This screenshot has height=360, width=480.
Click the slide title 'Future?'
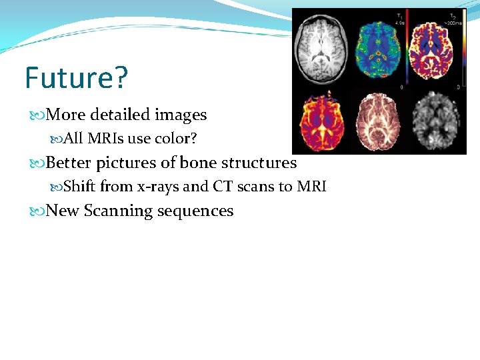pyautogui.click(x=75, y=78)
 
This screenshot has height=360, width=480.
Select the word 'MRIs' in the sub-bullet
pyautogui.click(x=105, y=138)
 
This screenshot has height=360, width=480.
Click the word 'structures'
pyautogui.click(x=259, y=163)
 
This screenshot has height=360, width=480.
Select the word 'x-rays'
pyautogui.click(x=157, y=187)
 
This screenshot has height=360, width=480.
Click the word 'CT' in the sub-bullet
pyautogui.click(x=223, y=187)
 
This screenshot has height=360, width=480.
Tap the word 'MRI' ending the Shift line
pyautogui.click(x=311, y=187)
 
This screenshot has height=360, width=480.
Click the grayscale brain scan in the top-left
pyautogui.click(x=321, y=51)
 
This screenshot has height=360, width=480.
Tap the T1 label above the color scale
pyautogui.click(x=399, y=15)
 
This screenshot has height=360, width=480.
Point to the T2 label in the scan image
pyautogui.click(x=454, y=15)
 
